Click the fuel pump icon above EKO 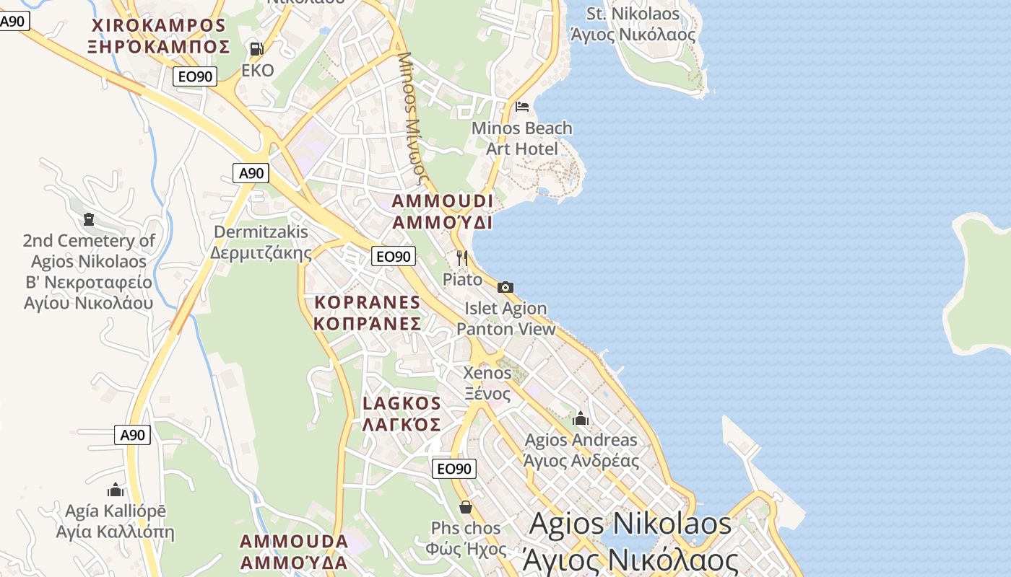pos(256,49)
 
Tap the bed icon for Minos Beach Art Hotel pos(522,107)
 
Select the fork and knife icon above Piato pos(462,257)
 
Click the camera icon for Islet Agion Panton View pos(506,287)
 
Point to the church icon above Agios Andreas pos(581,418)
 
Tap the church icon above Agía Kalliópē pos(116,490)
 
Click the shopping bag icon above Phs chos pos(466,507)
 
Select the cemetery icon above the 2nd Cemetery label pos(89,219)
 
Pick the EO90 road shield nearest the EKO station pos(195,76)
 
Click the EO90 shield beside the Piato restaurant pos(394,256)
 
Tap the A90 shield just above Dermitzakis pos(251,173)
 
